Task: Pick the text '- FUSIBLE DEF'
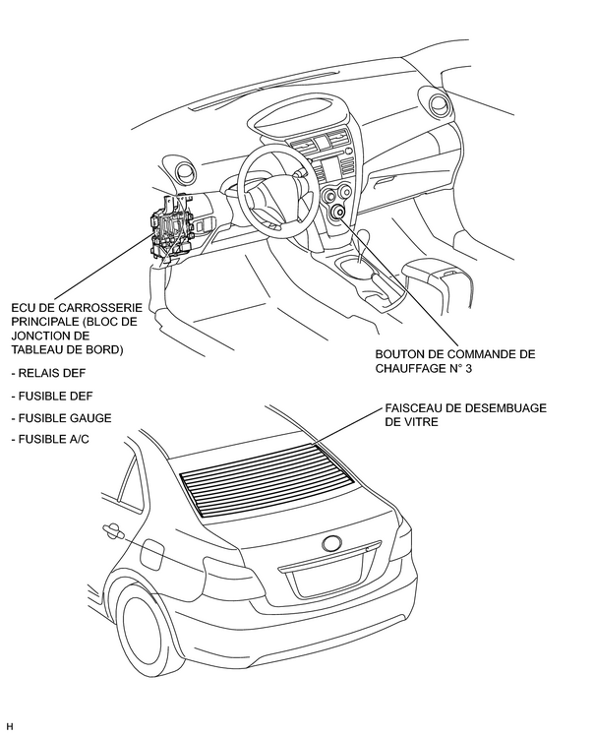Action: pos(50,397)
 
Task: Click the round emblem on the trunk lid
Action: pos(331,542)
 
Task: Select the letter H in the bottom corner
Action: pos(9,727)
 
